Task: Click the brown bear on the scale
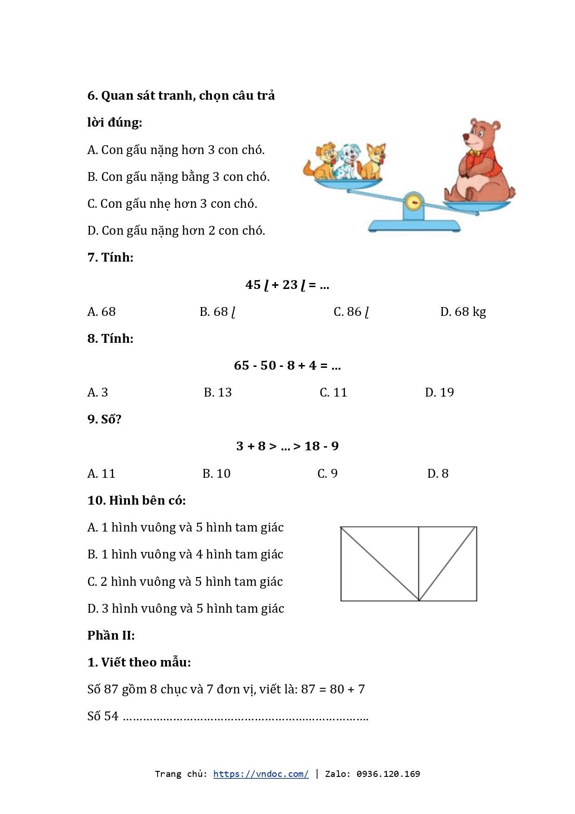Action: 480,165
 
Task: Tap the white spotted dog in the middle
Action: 347,162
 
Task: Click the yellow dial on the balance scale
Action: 414,203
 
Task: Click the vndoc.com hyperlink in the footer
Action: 261,774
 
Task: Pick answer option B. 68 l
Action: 217,312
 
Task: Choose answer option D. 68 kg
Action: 463,312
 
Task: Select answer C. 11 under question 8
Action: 333,392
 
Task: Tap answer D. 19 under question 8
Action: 439,392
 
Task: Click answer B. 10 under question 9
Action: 216,474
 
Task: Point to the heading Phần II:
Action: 111,635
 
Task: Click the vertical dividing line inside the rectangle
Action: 419,564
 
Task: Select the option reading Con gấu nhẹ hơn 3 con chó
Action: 172,204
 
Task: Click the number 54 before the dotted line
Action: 111,716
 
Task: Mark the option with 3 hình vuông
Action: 185,609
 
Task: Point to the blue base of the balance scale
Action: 414,226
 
